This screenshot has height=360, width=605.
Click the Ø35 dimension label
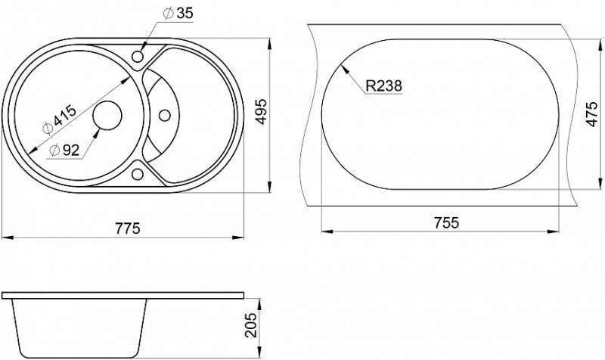[x=178, y=14]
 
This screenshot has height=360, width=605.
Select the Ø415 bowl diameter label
[x=59, y=120]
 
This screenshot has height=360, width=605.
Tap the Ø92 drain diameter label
[x=64, y=150]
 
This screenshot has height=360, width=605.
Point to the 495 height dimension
[x=261, y=111]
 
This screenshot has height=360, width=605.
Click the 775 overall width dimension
[x=127, y=228]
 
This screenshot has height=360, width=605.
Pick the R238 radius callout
[x=383, y=85]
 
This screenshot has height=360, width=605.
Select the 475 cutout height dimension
[x=591, y=114]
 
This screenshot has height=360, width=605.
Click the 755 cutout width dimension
[x=446, y=222]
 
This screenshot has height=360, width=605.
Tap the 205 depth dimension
[x=251, y=325]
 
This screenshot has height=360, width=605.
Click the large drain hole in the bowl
[x=107, y=116]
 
